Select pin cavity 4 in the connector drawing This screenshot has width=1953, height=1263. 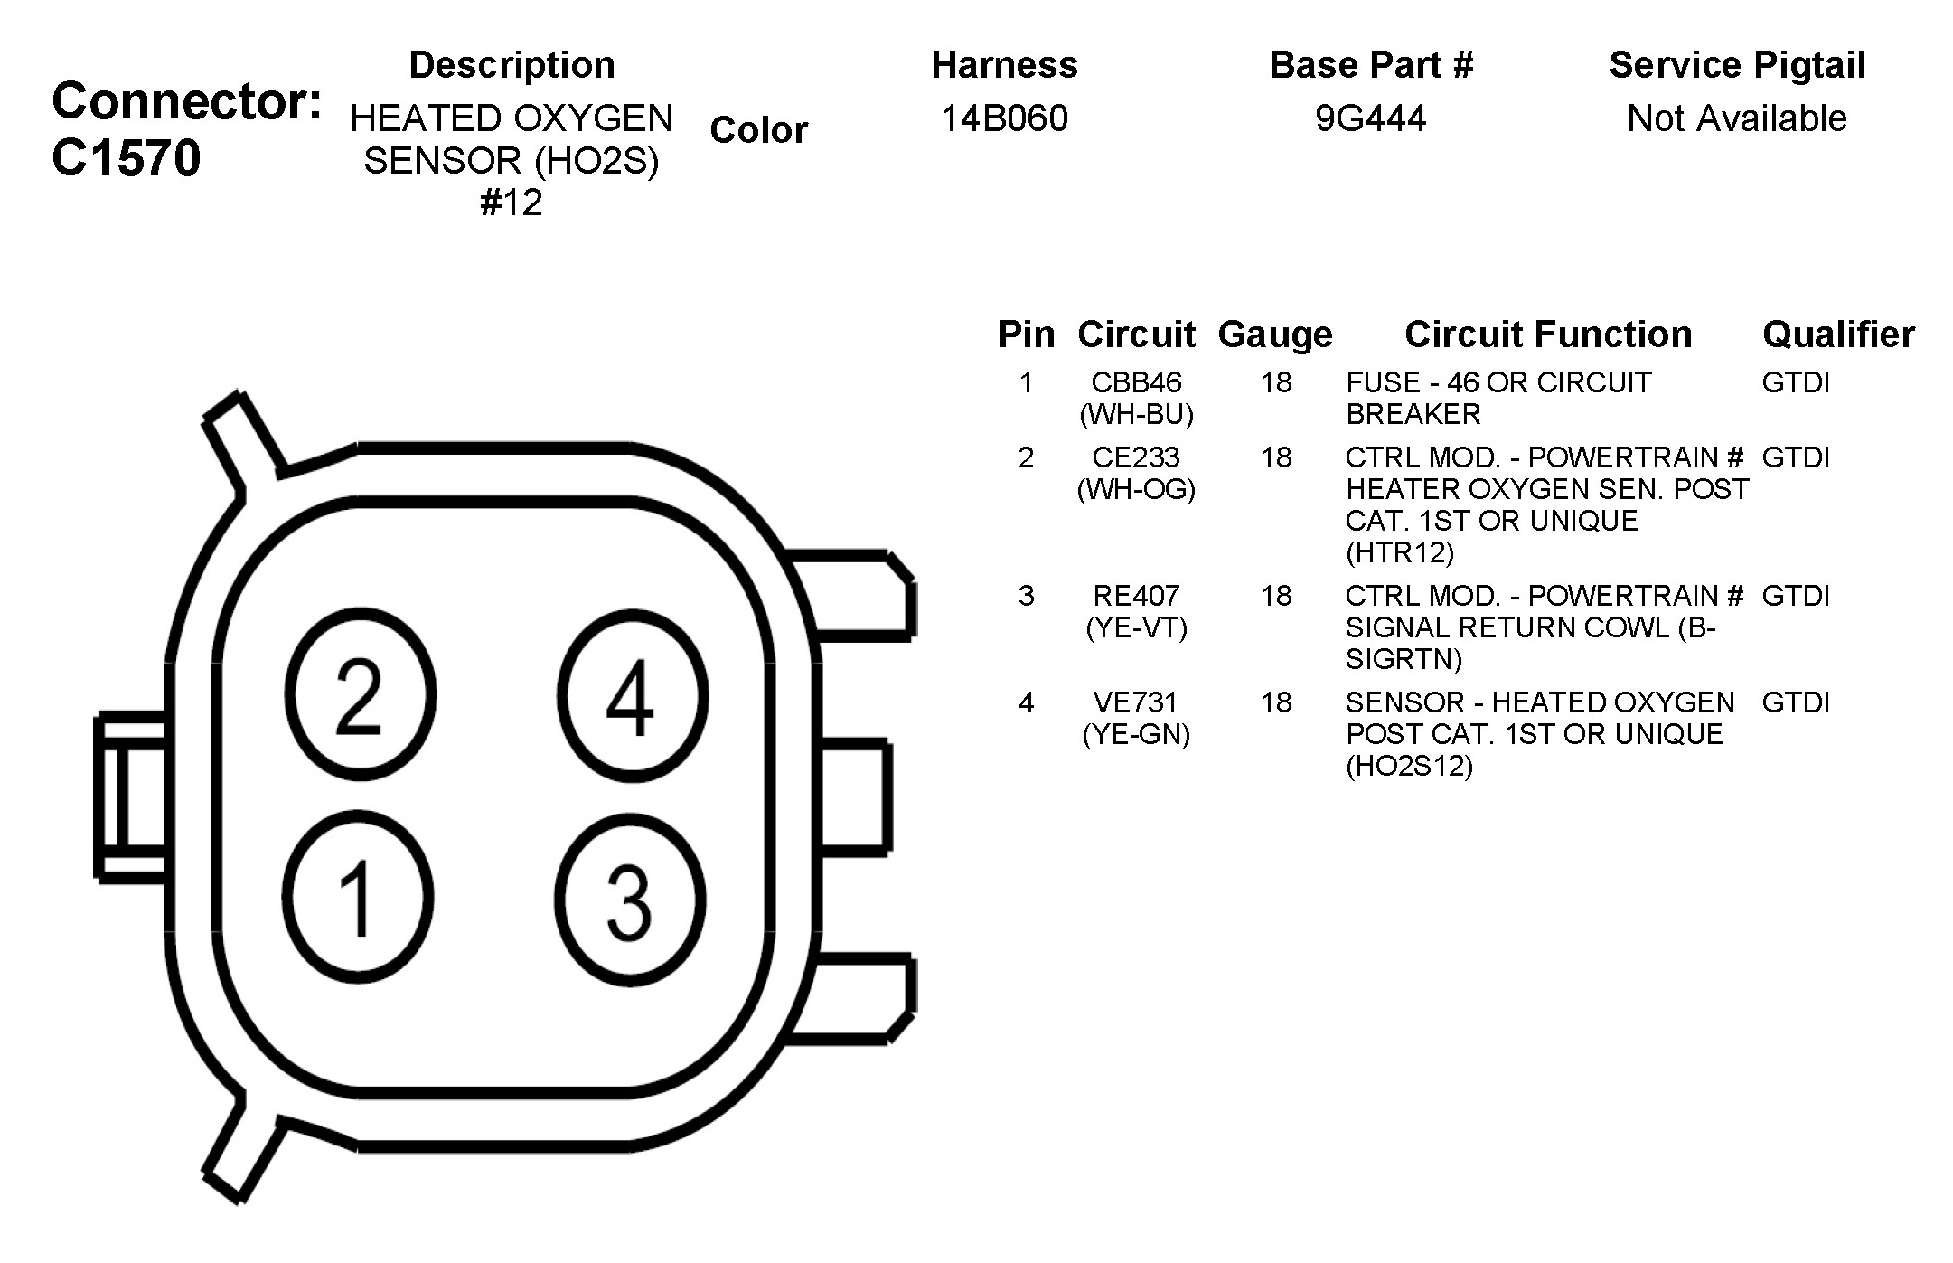632,695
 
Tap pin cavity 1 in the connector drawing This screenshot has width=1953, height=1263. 358,897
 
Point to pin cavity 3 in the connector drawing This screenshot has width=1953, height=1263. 630,899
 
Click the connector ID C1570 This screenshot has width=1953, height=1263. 127,158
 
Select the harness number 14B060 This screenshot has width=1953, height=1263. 1004,118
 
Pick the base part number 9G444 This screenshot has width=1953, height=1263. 1370,118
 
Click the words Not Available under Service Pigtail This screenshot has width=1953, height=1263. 1737,118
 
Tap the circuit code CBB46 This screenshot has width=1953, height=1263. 1136,382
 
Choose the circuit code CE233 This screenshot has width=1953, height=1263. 1136,457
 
